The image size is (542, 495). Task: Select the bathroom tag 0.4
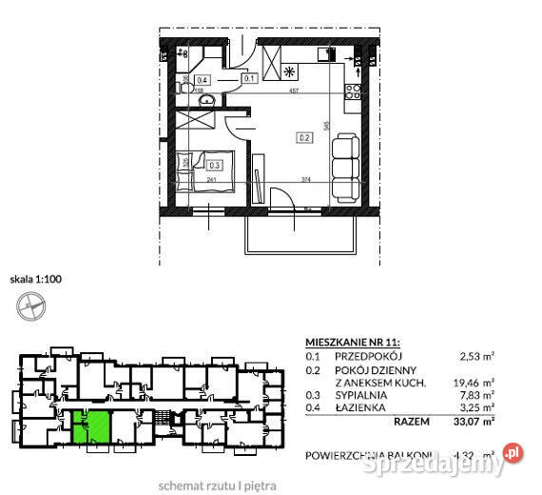(x=203, y=81)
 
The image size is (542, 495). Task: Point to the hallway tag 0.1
(x=248, y=78)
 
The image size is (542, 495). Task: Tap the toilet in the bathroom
(x=184, y=61)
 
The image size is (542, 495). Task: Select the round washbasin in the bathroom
(x=204, y=101)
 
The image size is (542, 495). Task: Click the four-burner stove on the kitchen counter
(x=355, y=91)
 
